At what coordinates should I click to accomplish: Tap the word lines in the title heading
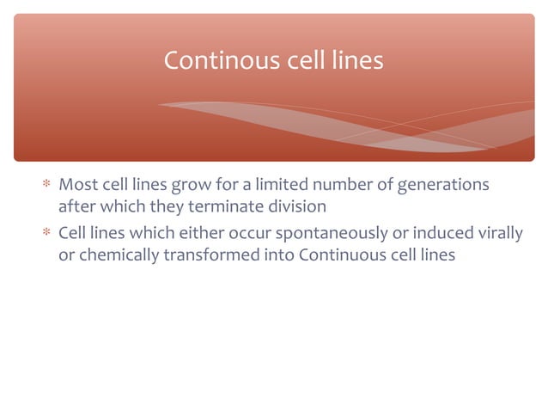[x=356, y=61]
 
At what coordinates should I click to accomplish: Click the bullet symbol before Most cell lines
[x=47, y=185]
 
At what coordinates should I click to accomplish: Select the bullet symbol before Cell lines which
[x=47, y=234]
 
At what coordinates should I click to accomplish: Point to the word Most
[x=78, y=185]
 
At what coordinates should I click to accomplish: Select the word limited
[x=277, y=185]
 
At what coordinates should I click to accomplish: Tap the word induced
[x=437, y=234]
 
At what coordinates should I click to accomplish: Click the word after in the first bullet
[x=76, y=207]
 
